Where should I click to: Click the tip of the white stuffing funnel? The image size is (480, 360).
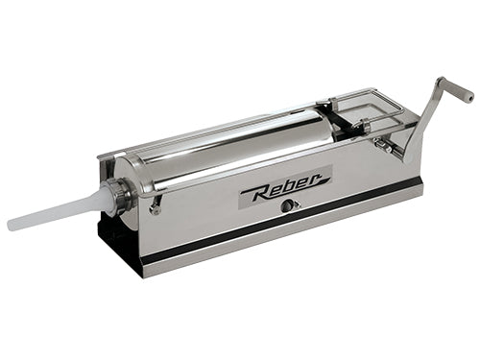tap(10, 223)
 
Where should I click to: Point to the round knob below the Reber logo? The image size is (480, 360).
tap(285, 206)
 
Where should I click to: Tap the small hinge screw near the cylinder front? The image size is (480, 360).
tap(156, 208)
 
